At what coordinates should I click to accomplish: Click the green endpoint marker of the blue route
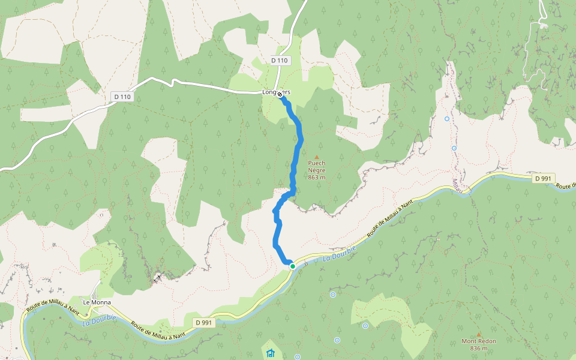click(292, 266)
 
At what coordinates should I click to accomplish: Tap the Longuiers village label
click(276, 92)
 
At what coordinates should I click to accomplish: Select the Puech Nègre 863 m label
click(317, 170)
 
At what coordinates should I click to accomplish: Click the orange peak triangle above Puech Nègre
click(317, 157)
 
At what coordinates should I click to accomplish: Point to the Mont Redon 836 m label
click(478, 344)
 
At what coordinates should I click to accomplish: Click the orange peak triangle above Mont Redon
click(478, 334)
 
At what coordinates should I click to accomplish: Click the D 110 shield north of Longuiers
click(280, 60)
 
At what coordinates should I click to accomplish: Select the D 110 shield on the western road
click(122, 97)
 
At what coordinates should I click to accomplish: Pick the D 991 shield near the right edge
click(542, 178)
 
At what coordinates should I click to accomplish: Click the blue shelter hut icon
click(270, 352)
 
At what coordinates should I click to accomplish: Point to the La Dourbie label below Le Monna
click(97, 322)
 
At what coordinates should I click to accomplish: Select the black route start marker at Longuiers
click(280, 94)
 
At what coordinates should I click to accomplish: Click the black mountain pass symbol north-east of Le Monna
click(157, 277)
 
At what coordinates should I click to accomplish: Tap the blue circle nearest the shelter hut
click(337, 340)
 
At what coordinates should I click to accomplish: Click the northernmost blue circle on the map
click(447, 119)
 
